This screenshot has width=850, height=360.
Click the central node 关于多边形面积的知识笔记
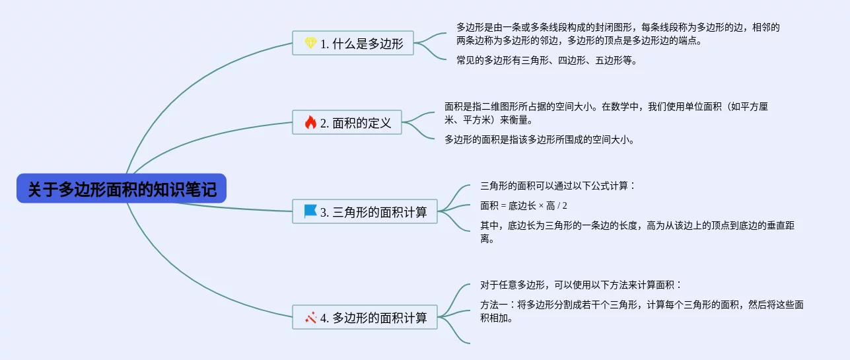[x=122, y=189]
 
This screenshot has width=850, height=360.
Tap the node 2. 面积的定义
[x=347, y=122]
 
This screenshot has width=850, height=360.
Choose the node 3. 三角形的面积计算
[x=365, y=212]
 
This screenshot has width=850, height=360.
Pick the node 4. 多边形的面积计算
[x=365, y=318]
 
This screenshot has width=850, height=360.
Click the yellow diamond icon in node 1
[x=310, y=44]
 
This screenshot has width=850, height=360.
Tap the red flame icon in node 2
[x=310, y=122]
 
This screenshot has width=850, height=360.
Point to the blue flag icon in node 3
[x=310, y=211]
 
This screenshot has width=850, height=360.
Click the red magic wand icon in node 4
[x=311, y=317]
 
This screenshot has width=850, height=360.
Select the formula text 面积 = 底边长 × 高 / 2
[x=523, y=205]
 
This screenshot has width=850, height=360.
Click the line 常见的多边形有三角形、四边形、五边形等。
[x=546, y=60]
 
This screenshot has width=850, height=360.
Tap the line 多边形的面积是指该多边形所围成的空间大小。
[x=539, y=139]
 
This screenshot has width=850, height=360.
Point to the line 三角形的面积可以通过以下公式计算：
[x=557, y=186]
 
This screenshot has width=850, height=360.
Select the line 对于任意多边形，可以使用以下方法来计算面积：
[x=581, y=285]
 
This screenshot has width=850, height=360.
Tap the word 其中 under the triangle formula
[x=489, y=225]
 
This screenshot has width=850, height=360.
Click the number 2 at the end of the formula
[x=565, y=205]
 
